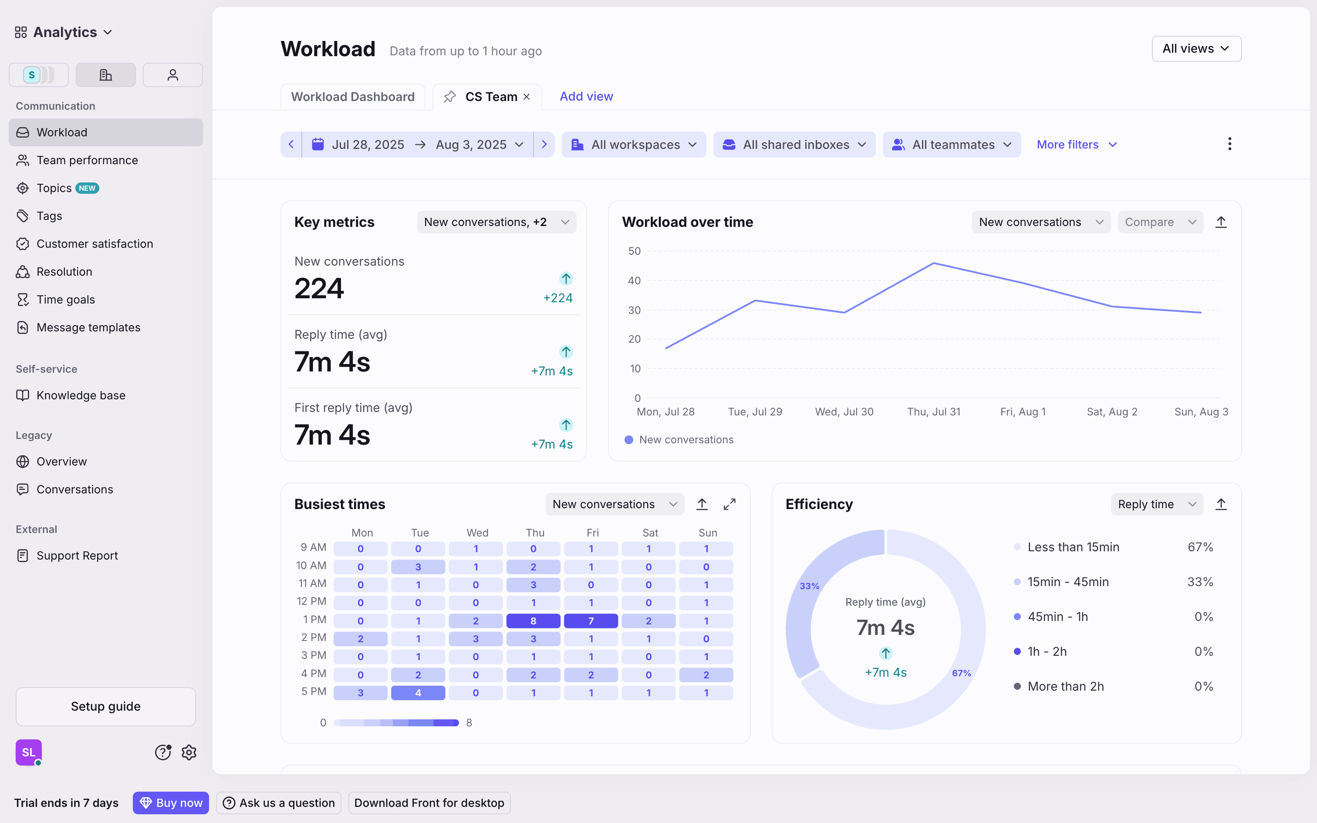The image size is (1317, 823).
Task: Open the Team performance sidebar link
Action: [87, 160]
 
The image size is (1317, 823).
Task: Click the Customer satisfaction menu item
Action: [94, 244]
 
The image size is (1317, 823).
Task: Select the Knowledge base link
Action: [81, 395]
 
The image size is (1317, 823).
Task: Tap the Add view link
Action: [586, 96]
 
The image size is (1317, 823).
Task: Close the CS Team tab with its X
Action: [526, 97]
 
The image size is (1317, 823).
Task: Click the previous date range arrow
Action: [291, 145]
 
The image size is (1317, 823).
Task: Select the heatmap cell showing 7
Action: [591, 621]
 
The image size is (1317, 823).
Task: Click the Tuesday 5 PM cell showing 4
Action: [418, 693]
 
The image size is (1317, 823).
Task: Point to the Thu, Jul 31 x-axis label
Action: [933, 412]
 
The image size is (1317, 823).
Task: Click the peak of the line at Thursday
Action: [933, 263]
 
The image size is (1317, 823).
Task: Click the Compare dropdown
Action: [1160, 222]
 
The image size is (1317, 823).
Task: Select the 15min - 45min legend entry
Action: [1067, 582]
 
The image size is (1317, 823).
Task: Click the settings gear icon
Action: [189, 752]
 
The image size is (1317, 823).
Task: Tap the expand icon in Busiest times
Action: [729, 505]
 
